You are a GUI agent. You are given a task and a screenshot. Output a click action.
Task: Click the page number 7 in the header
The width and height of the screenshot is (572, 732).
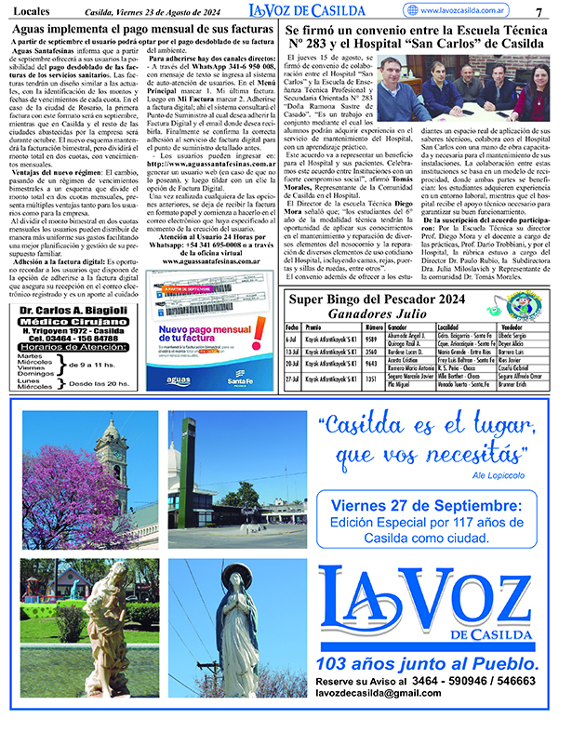tap(539, 11)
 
